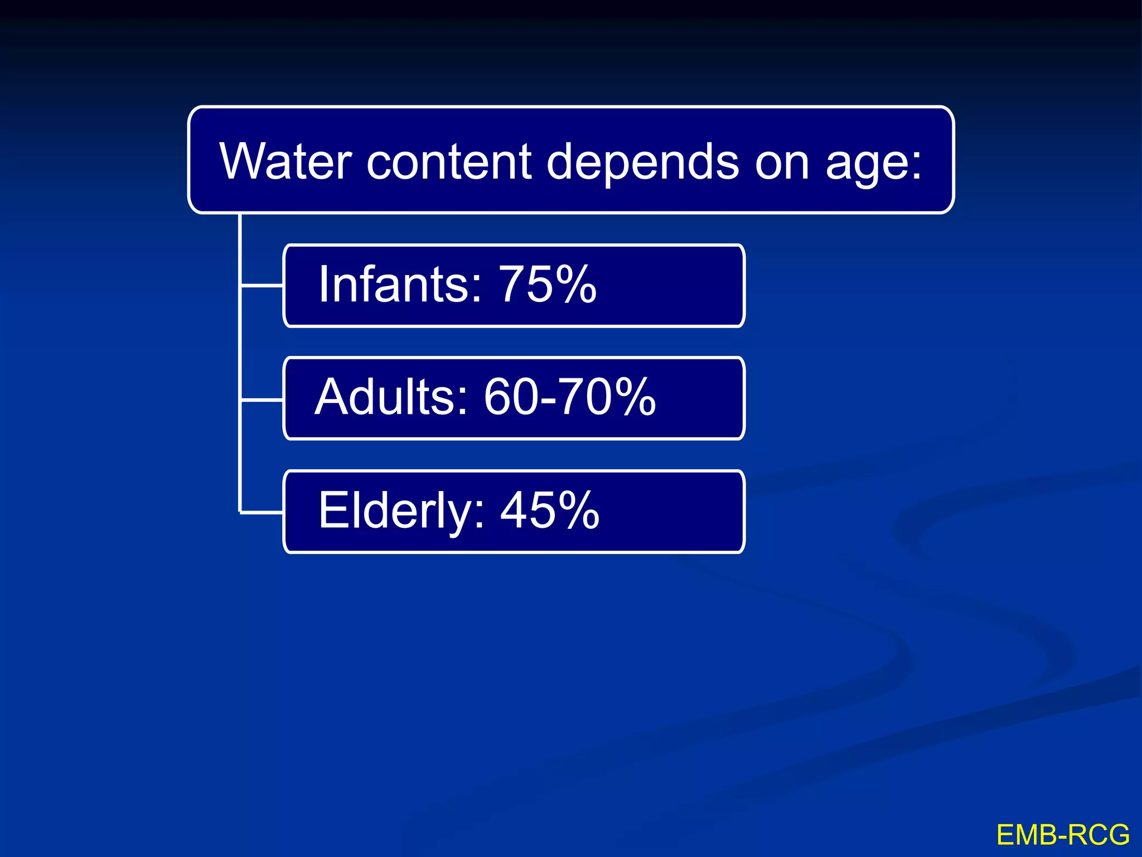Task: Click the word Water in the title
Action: (285, 161)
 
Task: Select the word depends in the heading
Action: (643, 162)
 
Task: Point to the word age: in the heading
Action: (873, 163)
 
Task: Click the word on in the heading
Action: (781, 162)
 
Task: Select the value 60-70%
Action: (569, 397)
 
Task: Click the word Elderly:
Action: (401, 511)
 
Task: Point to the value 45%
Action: (550, 510)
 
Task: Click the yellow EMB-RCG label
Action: (1063, 835)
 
